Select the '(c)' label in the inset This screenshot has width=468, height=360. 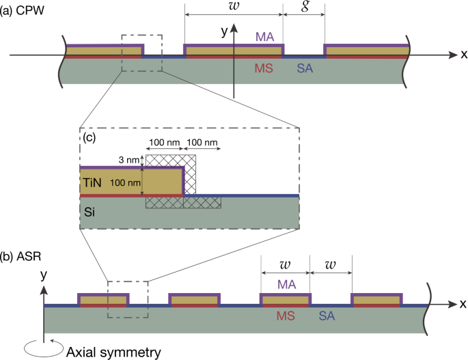pyautogui.click(x=89, y=137)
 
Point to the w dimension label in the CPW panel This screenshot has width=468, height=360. pyautogui.click(x=233, y=8)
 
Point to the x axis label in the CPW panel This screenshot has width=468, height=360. pyautogui.click(x=463, y=53)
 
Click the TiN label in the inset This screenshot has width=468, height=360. pyautogui.click(x=94, y=183)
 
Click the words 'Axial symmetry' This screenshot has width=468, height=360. pyautogui.click(x=113, y=352)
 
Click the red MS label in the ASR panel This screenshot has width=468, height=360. pyautogui.click(x=285, y=316)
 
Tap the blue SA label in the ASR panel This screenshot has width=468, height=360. pyautogui.click(x=329, y=316)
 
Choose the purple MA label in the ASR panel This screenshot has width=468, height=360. pyautogui.click(x=286, y=283)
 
